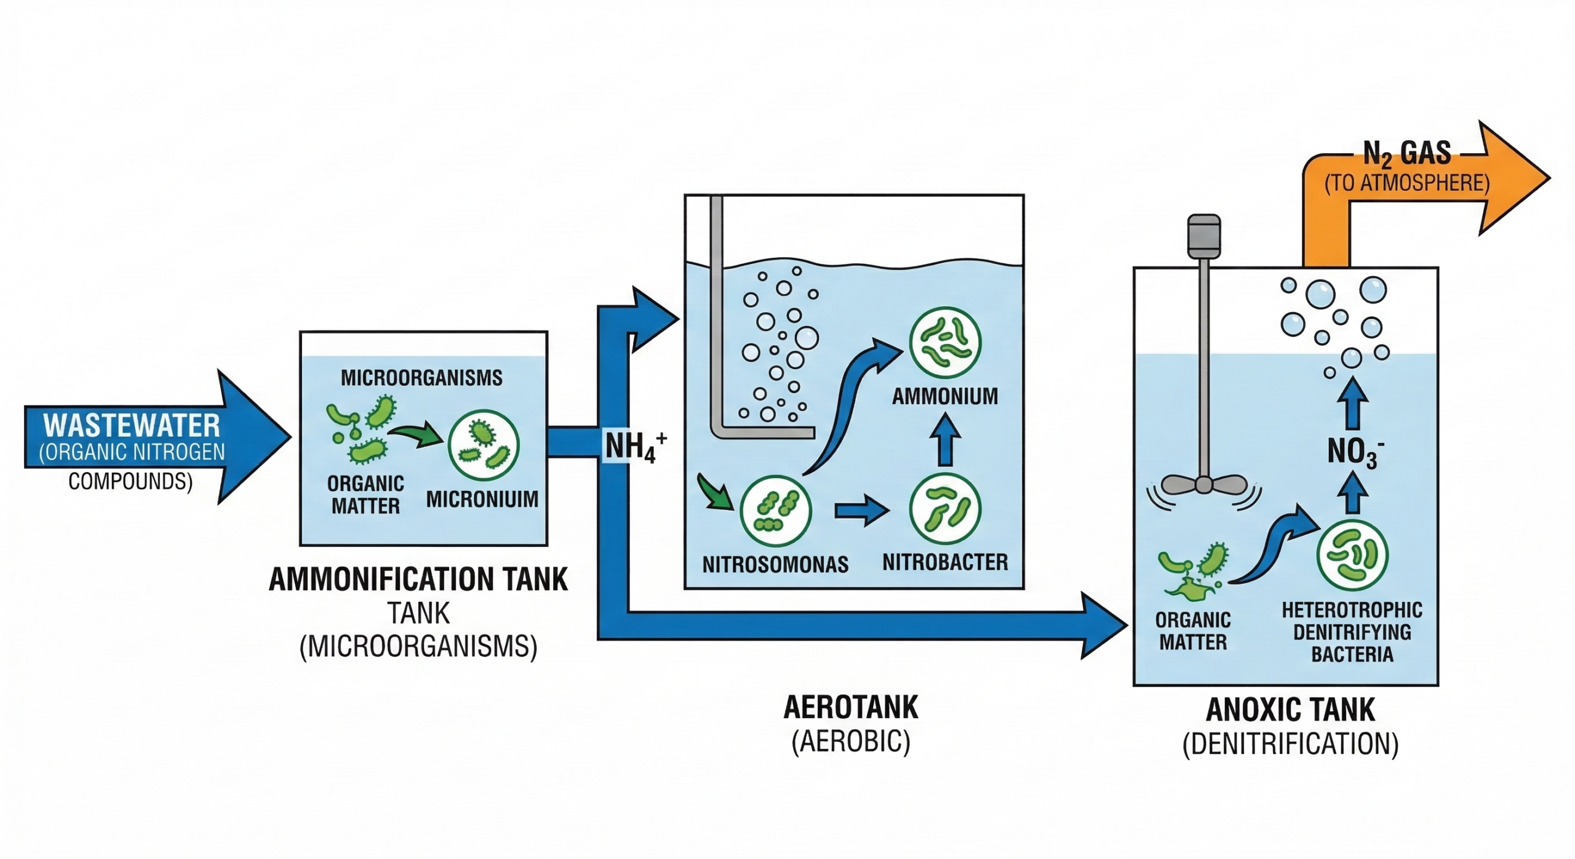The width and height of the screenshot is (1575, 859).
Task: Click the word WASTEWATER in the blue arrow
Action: pyautogui.click(x=131, y=425)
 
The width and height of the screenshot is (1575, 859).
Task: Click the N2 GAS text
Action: pyautogui.click(x=1406, y=154)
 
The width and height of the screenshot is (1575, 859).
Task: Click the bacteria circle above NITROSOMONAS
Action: pyautogui.click(x=775, y=511)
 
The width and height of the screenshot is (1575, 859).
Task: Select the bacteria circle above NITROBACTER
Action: pyautogui.click(x=945, y=509)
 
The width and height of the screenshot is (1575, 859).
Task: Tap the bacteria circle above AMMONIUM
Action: pyautogui.click(x=945, y=343)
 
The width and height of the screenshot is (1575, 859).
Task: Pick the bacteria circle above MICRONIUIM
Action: pyautogui.click(x=484, y=445)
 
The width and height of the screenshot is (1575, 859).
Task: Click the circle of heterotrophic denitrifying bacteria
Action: pyautogui.click(x=1352, y=555)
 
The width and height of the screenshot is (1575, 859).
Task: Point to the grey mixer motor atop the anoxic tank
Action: pyautogui.click(x=1204, y=236)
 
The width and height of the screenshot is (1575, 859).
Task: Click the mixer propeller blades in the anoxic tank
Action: pyautogui.click(x=1203, y=485)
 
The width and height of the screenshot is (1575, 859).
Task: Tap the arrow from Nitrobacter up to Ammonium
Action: pyautogui.click(x=946, y=439)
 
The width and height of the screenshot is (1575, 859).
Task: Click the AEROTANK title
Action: pyautogui.click(x=850, y=708)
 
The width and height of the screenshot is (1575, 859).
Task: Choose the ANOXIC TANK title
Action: pyautogui.click(x=1290, y=710)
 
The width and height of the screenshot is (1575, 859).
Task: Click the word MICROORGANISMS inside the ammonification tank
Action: pyautogui.click(x=421, y=377)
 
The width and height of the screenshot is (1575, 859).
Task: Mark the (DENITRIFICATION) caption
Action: pyautogui.click(x=1290, y=745)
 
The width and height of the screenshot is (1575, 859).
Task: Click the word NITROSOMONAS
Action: pyautogui.click(x=775, y=564)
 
